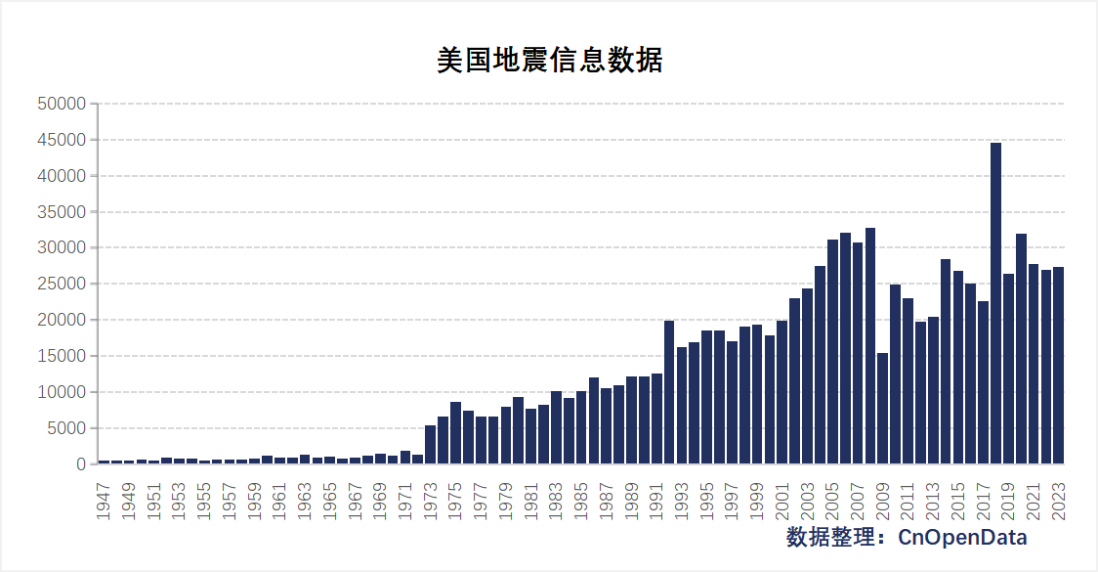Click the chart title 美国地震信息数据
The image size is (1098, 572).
tap(549, 60)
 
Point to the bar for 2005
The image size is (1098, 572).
tap(832, 352)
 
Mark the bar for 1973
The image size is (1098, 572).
tap(430, 445)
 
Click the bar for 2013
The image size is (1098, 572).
tap(933, 390)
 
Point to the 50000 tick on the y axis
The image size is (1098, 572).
tap(62, 104)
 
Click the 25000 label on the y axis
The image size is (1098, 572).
tap(62, 285)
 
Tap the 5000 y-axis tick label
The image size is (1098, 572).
tap(65, 428)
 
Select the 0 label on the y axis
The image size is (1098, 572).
tap(82, 464)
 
